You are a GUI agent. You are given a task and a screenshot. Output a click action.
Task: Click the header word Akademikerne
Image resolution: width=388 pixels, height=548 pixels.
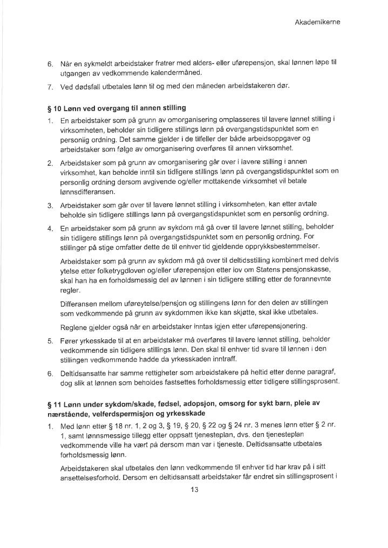pos(317,22)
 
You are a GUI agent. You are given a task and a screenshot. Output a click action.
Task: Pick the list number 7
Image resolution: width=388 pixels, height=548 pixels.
pos(49,87)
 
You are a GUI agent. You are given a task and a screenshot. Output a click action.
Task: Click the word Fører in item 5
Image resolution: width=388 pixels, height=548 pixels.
pos(71,340)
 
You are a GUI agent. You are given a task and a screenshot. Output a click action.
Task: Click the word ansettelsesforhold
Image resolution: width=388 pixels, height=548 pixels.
pos(89,476)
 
